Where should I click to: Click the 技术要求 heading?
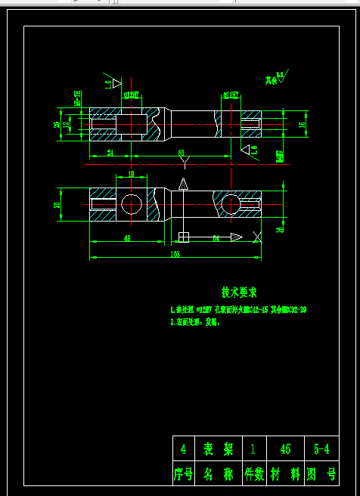coord(239,292)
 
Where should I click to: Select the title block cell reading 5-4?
coord(321,449)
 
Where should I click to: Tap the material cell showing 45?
coord(285,449)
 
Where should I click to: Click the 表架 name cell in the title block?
coord(218,449)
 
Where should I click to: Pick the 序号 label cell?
coord(185,474)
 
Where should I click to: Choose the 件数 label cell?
coord(252,474)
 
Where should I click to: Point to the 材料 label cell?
coord(285,474)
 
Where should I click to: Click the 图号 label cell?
coord(321,474)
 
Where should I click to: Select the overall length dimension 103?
coord(175,254)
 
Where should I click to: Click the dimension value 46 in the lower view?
coord(127,238)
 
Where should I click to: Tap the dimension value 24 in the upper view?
coord(110,153)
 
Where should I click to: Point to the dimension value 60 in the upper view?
coord(182,153)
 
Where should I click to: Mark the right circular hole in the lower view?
coord(228,203)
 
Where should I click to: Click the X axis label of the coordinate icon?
coord(258,238)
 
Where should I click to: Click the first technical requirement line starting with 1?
coord(239,310)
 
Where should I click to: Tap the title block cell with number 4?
coord(184,449)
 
